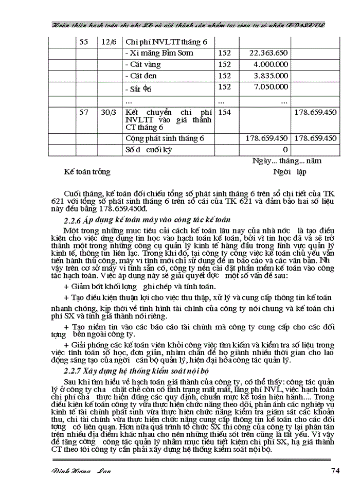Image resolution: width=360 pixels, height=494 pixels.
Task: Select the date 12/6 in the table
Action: (x=108, y=42)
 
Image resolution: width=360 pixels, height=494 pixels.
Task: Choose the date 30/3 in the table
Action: (x=108, y=112)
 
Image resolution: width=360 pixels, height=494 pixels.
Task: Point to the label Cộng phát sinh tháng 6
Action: (x=165, y=138)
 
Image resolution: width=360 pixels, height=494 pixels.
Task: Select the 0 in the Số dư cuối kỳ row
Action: (x=285, y=150)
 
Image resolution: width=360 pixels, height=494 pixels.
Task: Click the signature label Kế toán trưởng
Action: (x=87, y=172)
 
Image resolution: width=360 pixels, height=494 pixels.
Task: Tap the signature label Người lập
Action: (x=290, y=172)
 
